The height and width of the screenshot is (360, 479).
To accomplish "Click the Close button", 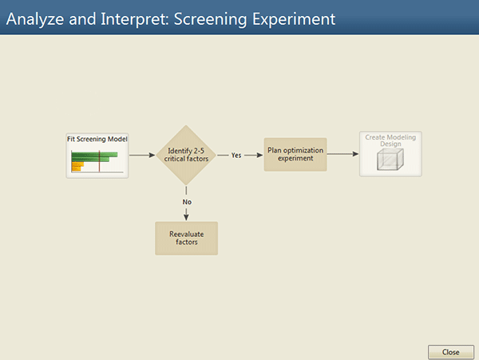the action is coord(451,352).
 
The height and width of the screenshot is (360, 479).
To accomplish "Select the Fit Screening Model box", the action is coord(97,156).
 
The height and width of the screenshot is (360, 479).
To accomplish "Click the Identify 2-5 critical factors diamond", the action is coord(186,155).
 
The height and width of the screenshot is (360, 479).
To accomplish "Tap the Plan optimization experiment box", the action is coord(295,154).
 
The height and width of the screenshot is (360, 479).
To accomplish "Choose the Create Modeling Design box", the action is coord(390,154).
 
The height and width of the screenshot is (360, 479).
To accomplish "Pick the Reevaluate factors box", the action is coord(186,238).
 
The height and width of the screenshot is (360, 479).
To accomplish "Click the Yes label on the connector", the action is coord(236,155).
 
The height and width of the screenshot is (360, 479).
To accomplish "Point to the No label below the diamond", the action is coord(187,202).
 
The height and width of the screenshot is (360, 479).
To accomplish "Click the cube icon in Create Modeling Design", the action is coord(390,159).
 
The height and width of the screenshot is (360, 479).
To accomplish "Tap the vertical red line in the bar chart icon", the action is coord(99,161).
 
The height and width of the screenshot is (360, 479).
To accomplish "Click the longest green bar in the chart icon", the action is coord(94,155).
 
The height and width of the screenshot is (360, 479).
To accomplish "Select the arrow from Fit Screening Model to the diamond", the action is coord(142,155).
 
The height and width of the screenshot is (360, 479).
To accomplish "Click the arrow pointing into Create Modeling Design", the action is coord(342,154).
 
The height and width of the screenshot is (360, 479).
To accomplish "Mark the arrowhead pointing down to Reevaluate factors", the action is coord(186,217).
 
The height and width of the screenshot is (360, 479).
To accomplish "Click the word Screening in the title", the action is coord(210,19).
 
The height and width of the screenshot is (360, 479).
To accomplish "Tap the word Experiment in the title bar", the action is coord(294,19).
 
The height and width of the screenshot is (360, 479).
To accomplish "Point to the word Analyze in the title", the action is coord(35,19).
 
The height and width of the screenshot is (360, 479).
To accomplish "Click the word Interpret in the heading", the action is coord(134,19).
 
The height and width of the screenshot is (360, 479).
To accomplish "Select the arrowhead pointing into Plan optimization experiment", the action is coord(259,155).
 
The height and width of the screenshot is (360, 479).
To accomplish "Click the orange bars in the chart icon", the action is coord(77,166).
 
